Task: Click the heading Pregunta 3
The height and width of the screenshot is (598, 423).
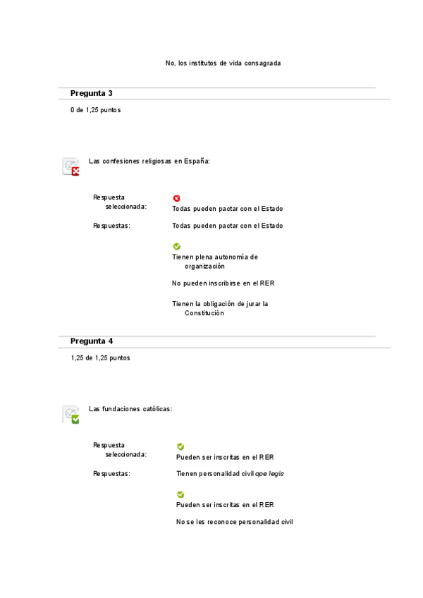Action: (92, 93)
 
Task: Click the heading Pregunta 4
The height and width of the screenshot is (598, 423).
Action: (92, 341)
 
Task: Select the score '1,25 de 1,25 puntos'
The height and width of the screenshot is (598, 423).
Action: (100, 358)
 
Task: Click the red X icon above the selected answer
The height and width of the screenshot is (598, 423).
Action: (176, 198)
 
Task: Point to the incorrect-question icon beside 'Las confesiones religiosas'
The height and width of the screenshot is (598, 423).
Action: (70, 166)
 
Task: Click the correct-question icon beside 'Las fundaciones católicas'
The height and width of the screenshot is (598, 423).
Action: (70, 415)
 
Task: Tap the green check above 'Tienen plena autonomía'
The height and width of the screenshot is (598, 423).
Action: (176, 246)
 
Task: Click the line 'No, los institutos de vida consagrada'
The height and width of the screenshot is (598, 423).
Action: (223, 63)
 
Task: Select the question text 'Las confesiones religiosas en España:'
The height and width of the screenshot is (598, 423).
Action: (149, 161)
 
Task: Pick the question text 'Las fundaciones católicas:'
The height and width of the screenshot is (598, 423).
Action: (130, 409)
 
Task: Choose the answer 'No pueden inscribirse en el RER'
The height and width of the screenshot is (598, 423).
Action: (223, 283)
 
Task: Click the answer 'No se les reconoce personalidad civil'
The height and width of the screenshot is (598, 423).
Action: (234, 522)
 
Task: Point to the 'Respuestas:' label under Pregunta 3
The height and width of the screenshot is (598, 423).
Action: (111, 226)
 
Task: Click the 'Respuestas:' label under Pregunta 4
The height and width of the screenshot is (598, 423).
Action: (111, 474)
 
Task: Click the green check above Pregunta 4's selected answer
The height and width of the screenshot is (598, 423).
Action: (180, 446)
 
